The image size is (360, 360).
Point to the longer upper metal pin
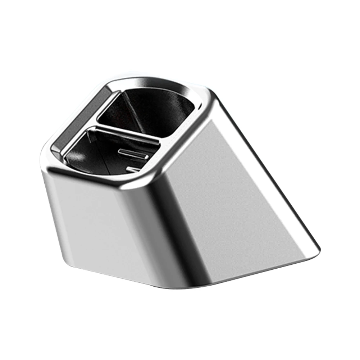coord(133,154)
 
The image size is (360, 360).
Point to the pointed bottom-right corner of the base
coord(318,248)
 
